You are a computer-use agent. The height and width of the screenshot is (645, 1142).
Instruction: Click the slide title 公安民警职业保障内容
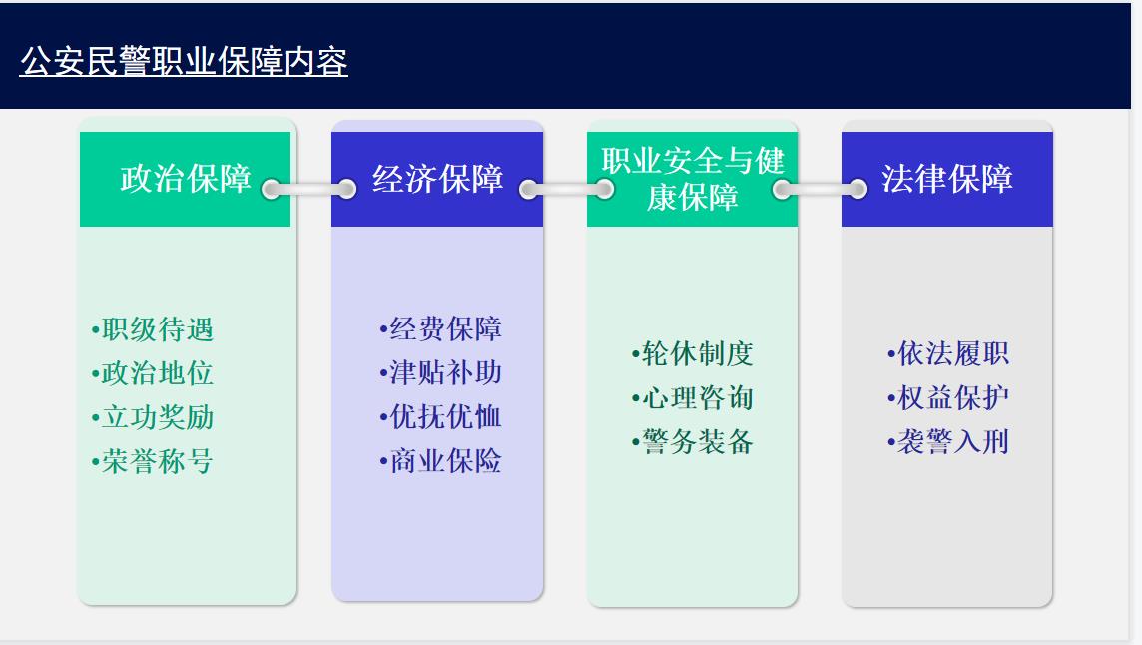184,62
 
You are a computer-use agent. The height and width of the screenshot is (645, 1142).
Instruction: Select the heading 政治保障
186,179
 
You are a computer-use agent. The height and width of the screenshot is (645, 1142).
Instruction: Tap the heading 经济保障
438,179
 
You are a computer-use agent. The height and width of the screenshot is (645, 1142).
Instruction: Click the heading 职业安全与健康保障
692,179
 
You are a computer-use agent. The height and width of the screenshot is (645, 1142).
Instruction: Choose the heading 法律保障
946,179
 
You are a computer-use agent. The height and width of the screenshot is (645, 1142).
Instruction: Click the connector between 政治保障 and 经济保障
308,189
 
